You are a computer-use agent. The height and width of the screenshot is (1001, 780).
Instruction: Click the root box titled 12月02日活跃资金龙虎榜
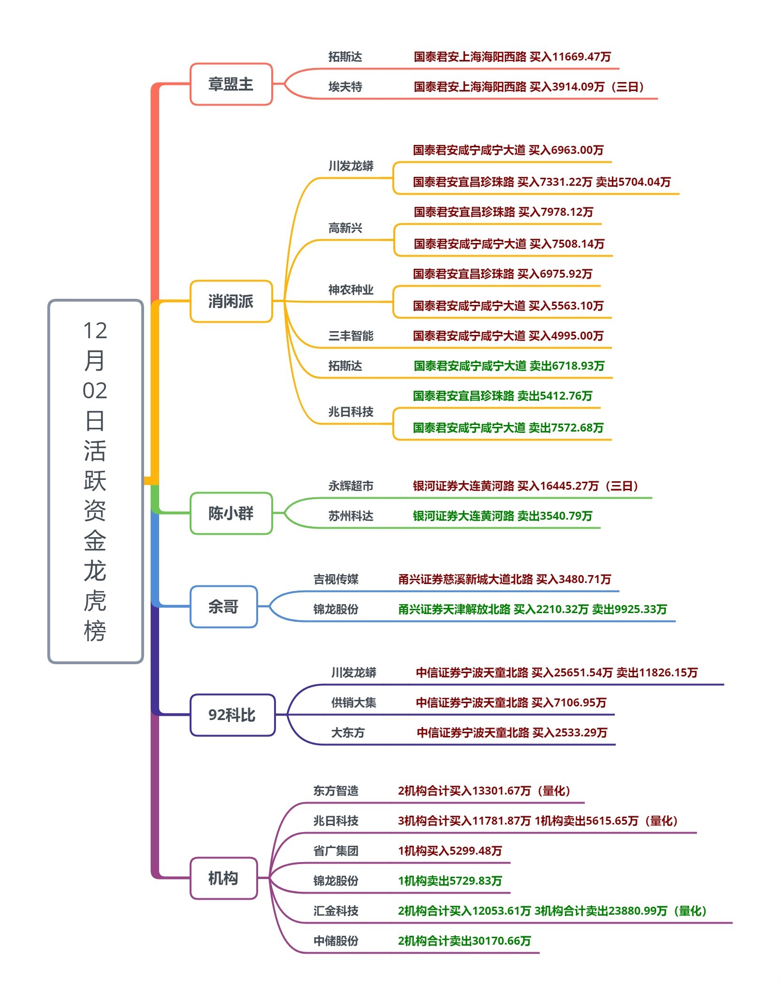(95, 481)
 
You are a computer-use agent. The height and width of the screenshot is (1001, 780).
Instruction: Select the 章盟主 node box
(231, 84)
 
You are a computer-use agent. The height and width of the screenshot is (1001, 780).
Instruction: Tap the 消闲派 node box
(231, 301)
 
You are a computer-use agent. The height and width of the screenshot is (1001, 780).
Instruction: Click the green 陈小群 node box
(231, 513)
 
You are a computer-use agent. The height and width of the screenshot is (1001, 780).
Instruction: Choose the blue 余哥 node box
(223, 607)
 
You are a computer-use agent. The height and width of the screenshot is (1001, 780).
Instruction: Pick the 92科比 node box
(232, 715)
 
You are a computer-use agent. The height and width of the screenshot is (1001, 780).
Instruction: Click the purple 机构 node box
(223, 878)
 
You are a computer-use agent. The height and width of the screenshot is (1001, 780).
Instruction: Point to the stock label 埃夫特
(345, 87)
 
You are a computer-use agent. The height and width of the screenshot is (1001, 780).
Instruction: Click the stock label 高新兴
(345, 228)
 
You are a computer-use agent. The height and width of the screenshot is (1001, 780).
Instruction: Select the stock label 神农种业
(351, 290)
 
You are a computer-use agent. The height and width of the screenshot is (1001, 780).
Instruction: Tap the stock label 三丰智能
(351, 336)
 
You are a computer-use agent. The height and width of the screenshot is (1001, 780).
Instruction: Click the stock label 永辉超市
(351, 486)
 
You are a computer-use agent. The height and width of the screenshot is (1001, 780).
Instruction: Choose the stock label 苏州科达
(351, 516)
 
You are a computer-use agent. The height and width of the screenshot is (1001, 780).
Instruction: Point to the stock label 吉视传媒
(336, 579)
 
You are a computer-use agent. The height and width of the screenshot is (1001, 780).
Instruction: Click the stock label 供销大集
(353, 703)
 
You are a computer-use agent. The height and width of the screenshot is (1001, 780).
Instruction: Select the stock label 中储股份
(336, 941)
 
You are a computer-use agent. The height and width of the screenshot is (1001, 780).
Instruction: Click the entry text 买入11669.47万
(570, 57)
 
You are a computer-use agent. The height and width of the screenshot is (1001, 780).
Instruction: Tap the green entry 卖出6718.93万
(566, 366)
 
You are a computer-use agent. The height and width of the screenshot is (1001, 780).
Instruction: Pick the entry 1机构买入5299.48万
(450, 851)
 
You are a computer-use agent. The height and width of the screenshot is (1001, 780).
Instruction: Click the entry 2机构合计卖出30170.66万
(464, 941)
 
